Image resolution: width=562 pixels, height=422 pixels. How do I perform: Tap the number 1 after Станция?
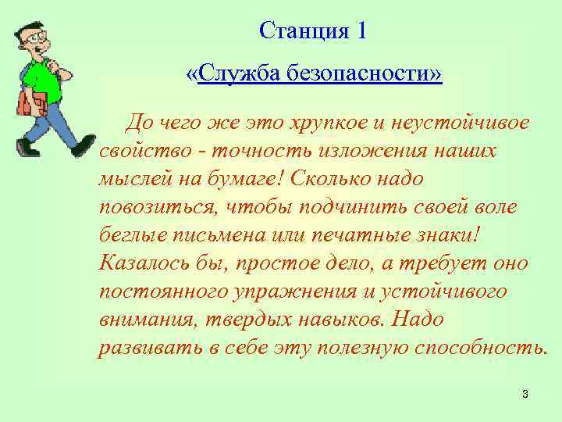coord(360,33)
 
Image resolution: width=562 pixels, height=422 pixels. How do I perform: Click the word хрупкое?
coord(333,123)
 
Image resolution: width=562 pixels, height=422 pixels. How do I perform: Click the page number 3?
coord(525,394)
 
